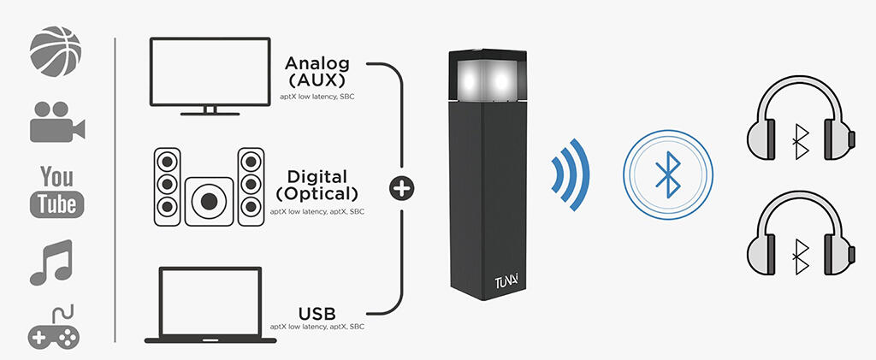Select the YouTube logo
56,191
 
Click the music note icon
52,262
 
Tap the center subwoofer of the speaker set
209,201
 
